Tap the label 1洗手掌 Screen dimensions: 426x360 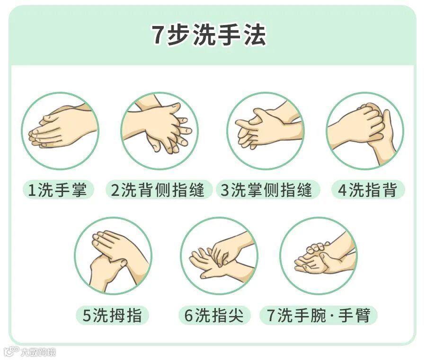(58, 190)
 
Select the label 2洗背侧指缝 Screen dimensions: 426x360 (158, 190)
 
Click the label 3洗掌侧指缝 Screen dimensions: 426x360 (266, 190)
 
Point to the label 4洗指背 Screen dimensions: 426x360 (367, 190)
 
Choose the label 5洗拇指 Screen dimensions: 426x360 (112, 316)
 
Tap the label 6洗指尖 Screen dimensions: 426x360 (214, 316)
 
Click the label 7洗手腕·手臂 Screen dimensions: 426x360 (319, 316)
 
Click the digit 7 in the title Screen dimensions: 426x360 (157, 35)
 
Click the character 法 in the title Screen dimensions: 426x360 (255, 35)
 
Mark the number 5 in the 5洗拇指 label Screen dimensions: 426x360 (87, 316)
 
